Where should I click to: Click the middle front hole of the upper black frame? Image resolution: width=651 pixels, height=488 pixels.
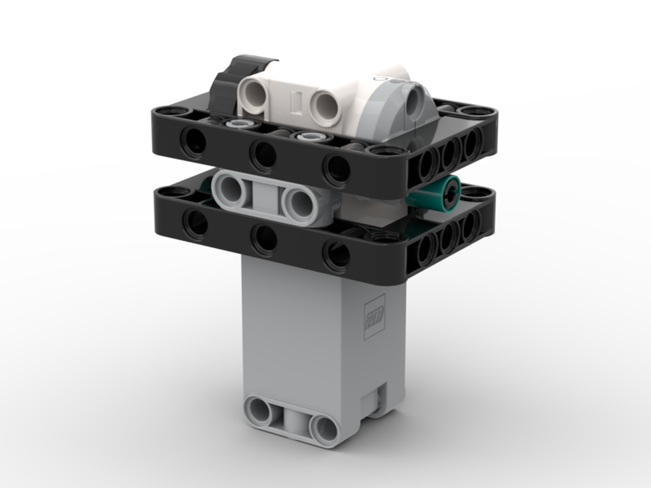tap(264, 155)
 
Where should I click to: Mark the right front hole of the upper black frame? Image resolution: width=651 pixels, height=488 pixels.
tap(337, 169)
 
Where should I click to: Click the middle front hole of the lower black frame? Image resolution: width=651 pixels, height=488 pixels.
tap(264, 237)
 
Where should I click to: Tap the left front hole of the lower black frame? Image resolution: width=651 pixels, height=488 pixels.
tap(193, 223)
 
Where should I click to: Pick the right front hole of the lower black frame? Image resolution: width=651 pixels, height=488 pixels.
tap(337, 254)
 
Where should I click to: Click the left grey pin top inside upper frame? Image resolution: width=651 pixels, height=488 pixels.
tap(235, 124)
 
